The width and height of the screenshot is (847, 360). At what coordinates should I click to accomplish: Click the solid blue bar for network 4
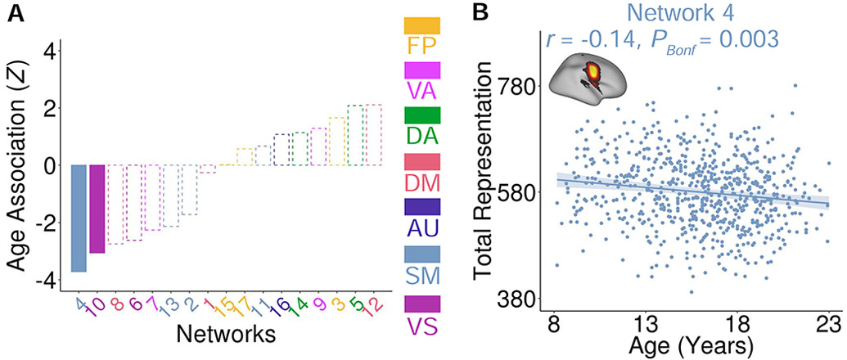click(79, 218)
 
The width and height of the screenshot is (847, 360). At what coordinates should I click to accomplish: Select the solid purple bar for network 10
click(97, 209)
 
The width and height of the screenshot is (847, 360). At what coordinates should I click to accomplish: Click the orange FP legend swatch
click(422, 25)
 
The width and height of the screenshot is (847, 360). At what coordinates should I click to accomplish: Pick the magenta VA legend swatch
click(422, 70)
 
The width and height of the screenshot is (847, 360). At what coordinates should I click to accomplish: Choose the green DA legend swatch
click(422, 116)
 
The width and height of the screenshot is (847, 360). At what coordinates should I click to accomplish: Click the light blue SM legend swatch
click(422, 254)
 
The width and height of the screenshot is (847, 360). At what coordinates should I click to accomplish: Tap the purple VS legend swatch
click(422, 303)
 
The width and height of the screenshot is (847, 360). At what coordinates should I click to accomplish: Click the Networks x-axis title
click(224, 334)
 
